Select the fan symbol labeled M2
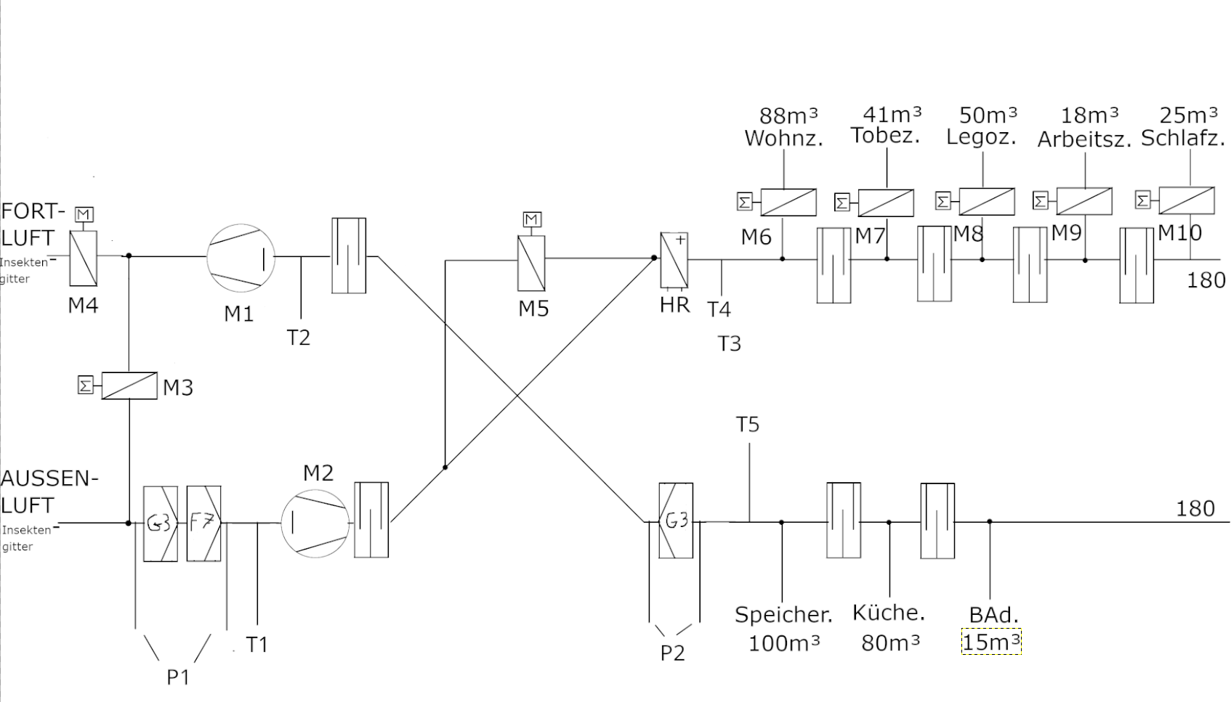[315, 522]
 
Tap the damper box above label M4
[84, 258]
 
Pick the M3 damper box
[129, 385]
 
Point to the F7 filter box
[203, 523]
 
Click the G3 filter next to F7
[160, 523]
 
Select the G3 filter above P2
[676, 521]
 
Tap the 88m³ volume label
[788, 115]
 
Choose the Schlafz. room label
[1182, 138]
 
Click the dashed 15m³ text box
[991, 642]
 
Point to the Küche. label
[889, 613]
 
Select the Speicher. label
[783, 615]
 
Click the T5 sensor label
[748, 424]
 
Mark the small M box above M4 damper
[84, 214]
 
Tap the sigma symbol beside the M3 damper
[86, 385]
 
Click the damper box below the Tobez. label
[886, 203]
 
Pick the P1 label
[178, 677]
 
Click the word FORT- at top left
[33, 212]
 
